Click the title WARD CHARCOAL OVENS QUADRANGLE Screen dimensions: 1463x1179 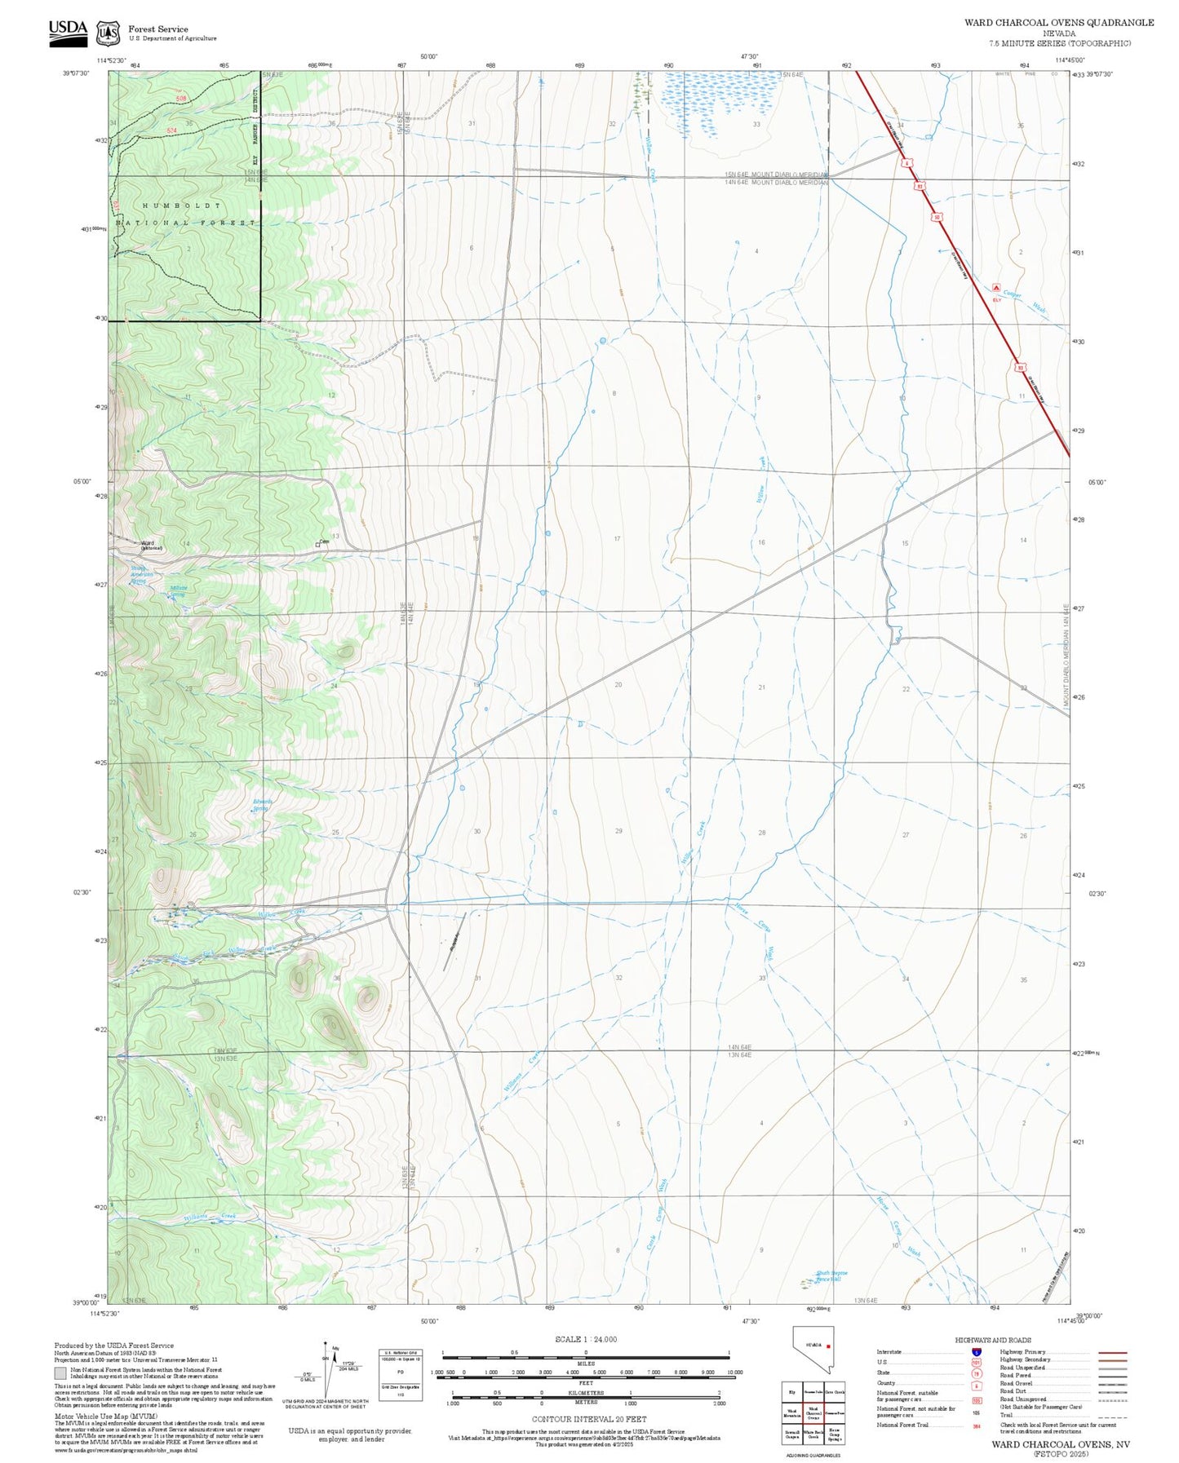(x=1058, y=22)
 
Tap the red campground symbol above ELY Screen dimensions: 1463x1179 (x=996, y=287)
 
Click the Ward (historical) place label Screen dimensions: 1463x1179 (x=151, y=545)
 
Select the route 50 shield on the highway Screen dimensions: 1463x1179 (x=937, y=217)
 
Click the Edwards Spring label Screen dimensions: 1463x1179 (x=262, y=805)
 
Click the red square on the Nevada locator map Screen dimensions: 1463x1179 (x=828, y=1346)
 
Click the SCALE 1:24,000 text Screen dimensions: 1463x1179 (x=585, y=1339)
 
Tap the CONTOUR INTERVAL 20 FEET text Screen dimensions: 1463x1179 (x=585, y=1419)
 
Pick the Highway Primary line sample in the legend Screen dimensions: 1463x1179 (x=1112, y=1352)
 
